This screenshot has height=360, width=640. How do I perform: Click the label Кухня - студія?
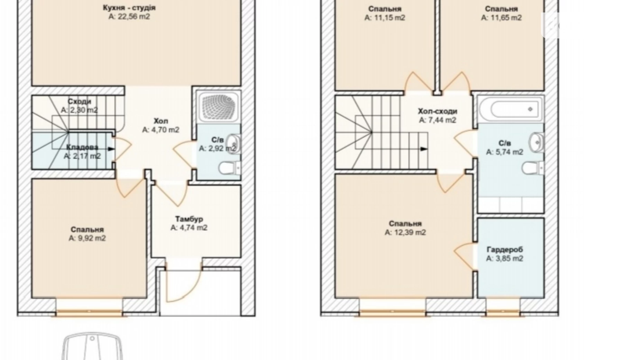point(129,7)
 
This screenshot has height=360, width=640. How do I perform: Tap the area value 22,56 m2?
point(129,17)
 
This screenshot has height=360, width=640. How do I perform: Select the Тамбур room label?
point(189,219)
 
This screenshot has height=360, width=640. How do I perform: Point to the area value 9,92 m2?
point(87,238)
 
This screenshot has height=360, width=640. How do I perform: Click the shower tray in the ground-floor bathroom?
point(218,107)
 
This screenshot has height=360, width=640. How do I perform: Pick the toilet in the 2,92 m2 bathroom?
point(229,168)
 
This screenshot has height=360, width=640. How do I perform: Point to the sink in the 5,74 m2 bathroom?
point(536,142)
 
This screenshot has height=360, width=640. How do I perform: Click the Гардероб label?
point(505,249)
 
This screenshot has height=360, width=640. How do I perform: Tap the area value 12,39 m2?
point(405,232)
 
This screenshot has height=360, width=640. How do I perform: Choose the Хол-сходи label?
point(438,111)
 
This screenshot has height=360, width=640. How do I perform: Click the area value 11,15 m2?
point(385,18)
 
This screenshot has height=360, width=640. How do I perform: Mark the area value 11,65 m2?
point(501,18)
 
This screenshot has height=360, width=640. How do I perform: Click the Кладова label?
point(82,147)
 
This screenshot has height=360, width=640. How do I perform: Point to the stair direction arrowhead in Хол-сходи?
point(424,149)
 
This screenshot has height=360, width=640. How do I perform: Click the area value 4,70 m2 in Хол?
point(161,130)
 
